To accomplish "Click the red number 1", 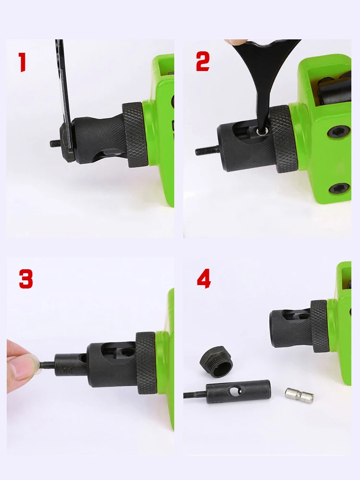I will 22,62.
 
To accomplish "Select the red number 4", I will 204,279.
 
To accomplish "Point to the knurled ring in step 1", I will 136,134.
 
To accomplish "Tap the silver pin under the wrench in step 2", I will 261,131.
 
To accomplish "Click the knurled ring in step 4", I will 320,325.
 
